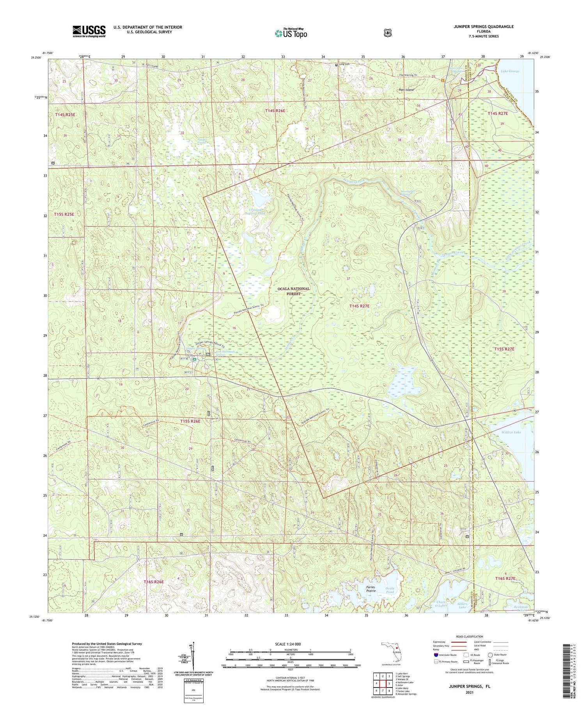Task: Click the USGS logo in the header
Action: click(x=89, y=31)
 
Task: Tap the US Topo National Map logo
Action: click(x=291, y=33)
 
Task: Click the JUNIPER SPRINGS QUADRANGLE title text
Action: click(x=478, y=27)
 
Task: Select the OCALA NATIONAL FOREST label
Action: click(x=293, y=291)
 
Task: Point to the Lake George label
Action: click(x=510, y=71)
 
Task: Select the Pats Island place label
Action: click(x=406, y=90)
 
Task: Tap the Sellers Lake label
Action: click(x=462, y=605)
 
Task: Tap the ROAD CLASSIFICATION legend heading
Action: click(x=472, y=636)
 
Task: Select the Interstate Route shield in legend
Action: click(x=436, y=655)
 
